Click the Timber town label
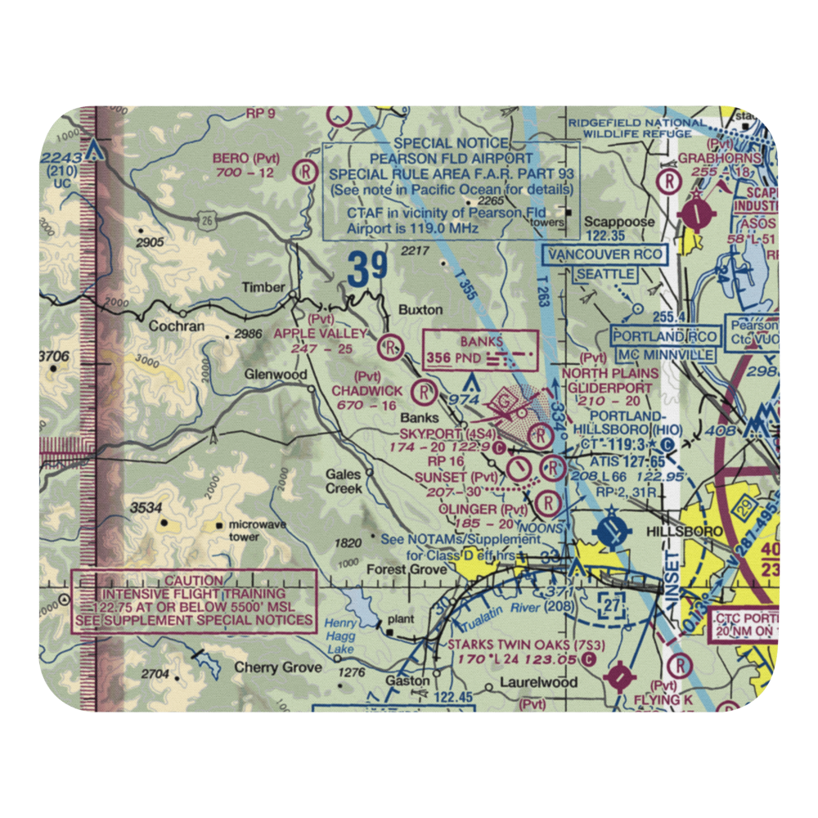pos(263,287)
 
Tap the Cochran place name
pos(177,326)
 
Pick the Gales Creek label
pos(344,481)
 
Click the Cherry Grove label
pos(278,667)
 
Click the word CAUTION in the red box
pos(193,580)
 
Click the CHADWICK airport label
pos(367,391)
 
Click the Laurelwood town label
pos(540,681)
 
